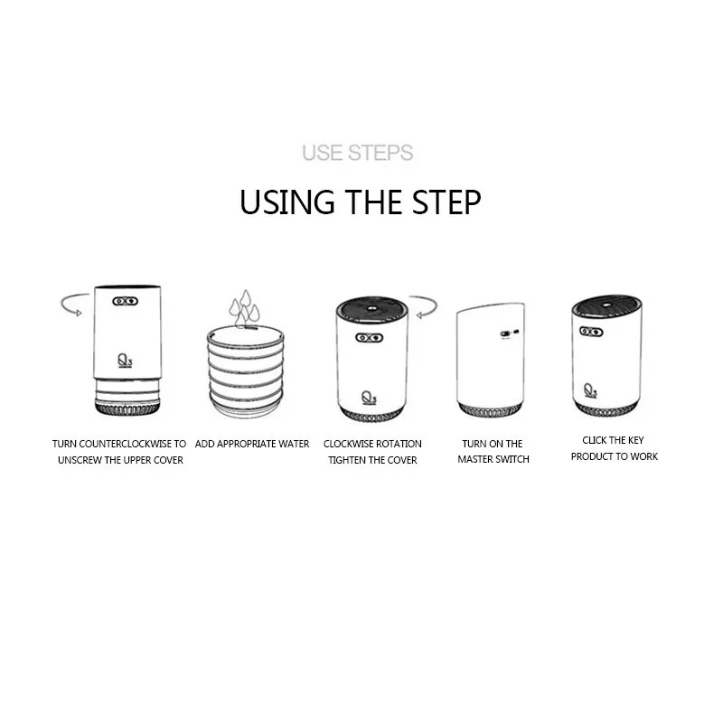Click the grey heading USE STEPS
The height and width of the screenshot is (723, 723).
click(357, 153)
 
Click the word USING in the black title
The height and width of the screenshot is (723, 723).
click(286, 202)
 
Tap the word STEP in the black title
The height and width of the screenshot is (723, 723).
click(446, 202)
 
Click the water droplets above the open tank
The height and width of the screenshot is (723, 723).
click(244, 308)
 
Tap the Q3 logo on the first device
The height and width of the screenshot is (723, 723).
click(125, 360)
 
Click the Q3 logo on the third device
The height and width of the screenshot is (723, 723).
click(369, 398)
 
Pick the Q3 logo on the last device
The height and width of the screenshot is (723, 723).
click(590, 390)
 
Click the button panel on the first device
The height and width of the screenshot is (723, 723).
click(126, 301)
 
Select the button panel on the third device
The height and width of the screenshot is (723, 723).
click(370, 338)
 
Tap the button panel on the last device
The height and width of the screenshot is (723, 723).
click(591, 331)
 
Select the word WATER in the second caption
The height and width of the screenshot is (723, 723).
click(293, 444)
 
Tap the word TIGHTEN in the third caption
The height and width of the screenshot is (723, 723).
click(348, 460)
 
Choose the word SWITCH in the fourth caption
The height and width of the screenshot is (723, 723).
click(512, 459)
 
